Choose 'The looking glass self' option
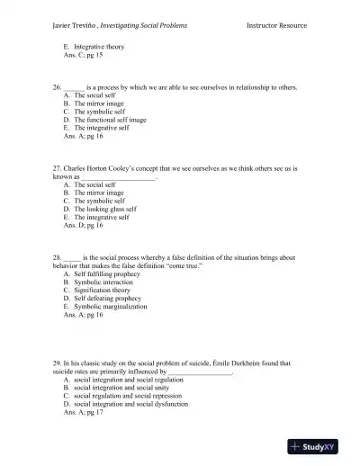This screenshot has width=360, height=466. coord(107,209)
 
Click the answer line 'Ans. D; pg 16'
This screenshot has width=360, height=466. coord(84,225)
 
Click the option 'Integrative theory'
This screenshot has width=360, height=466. coord(100,46)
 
